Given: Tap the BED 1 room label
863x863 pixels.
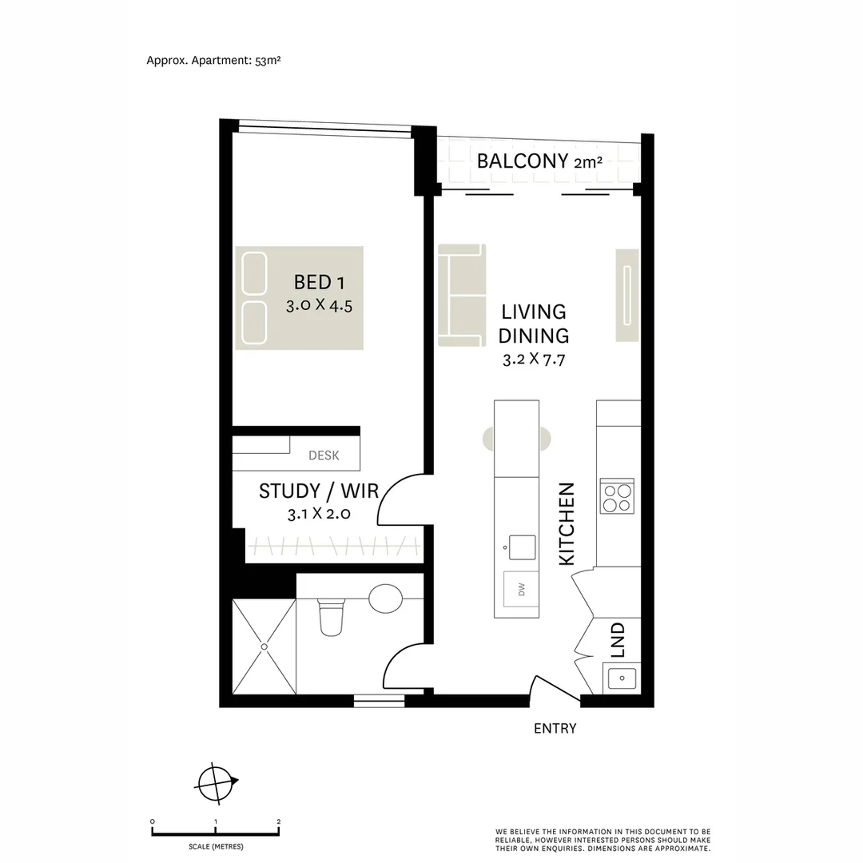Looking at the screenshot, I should click(320, 282).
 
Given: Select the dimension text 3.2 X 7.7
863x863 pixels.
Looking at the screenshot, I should click(534, 360).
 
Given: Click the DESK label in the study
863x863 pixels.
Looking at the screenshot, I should click(324, 455).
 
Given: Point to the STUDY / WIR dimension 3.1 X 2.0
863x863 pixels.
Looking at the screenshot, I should click(319, 514).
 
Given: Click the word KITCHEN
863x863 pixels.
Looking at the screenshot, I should click(567, 524).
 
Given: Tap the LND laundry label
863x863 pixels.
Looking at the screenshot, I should click(617, 641).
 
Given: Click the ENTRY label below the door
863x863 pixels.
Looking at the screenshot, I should click(555, 729).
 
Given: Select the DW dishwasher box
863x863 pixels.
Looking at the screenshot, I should click(521, 590).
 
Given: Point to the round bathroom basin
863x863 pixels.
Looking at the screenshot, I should click(386, 598).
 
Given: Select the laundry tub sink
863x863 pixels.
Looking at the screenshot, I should click(621, 678).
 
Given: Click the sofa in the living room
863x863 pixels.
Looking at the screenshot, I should click(462, 296).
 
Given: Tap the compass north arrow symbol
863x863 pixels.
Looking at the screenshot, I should click(217, 781).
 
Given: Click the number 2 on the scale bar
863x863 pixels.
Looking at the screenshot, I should click(278, 821).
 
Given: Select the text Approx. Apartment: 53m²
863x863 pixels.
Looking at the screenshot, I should click(213, 60).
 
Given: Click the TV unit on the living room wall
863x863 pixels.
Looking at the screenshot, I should click(627, 296).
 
